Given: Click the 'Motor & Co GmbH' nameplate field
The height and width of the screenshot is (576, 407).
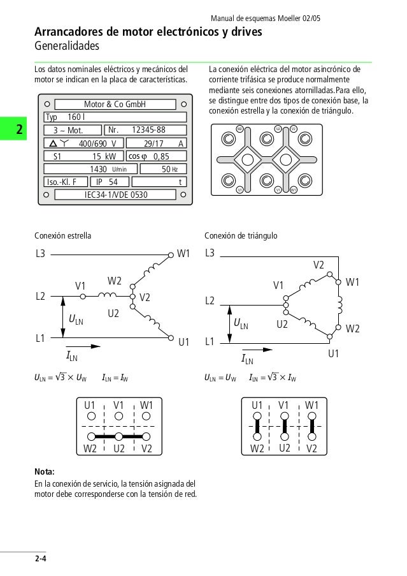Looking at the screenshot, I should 115,104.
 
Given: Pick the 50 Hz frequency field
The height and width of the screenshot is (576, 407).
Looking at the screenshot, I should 164,169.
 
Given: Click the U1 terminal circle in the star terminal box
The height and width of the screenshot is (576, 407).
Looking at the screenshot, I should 90,417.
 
